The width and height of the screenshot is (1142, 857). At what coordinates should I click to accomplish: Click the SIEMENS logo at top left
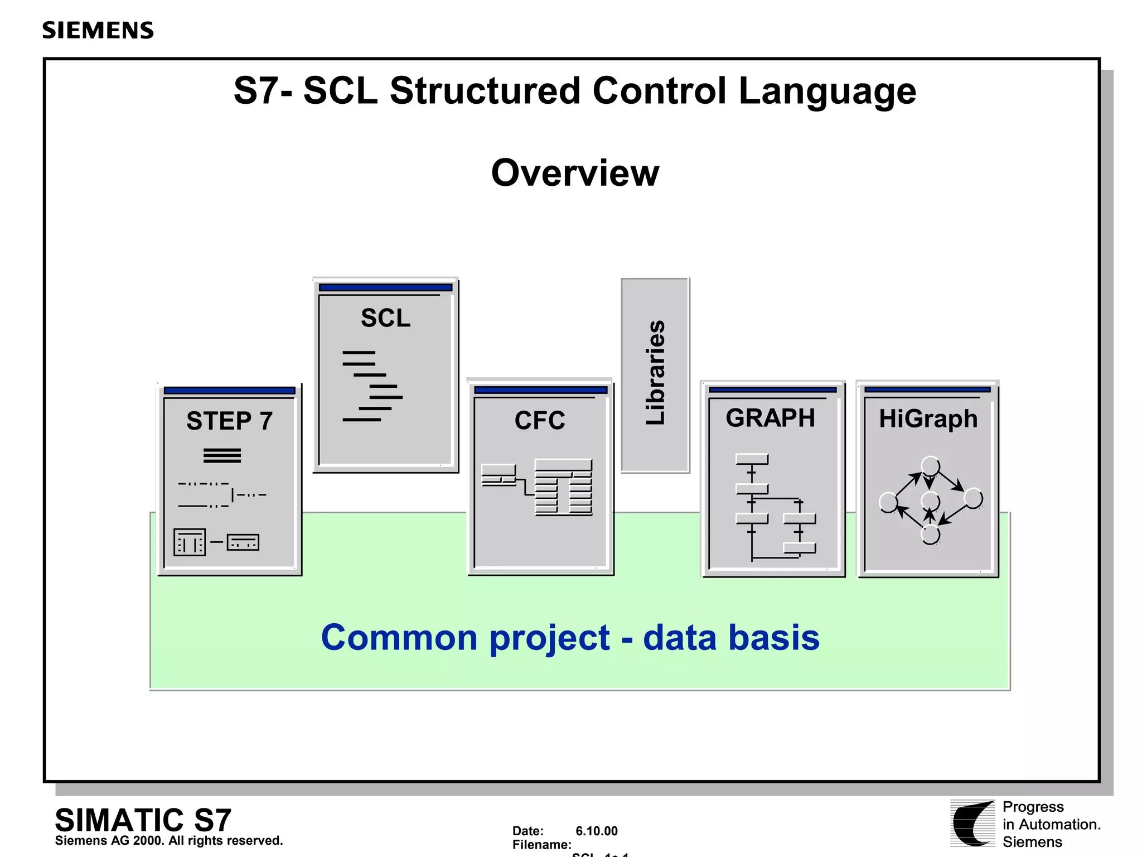click(98, 30)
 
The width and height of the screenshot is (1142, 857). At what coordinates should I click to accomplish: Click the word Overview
click(575, 172)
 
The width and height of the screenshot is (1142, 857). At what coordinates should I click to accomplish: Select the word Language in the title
click(827, 90)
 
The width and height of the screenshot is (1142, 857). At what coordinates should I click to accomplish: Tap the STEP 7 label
click(229, 421)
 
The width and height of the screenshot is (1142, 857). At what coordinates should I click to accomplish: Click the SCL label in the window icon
click(385, 318)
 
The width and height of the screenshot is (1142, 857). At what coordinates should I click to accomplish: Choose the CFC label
click(539, 420)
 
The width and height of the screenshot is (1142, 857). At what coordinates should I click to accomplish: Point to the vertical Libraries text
click(655, 372)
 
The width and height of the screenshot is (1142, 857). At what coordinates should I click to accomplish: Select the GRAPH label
click(770, 418)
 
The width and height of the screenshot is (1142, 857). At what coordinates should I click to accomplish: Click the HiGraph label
click(928, 418)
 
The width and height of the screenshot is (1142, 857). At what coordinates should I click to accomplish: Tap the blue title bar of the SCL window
click(385, 287)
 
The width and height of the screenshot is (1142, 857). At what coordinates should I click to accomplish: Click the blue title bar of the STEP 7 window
click(229, 391)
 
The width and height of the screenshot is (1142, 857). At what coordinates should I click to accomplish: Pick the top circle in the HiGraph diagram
click(930, 465)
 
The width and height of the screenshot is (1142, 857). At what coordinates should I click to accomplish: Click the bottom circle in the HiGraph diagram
click(930, 535)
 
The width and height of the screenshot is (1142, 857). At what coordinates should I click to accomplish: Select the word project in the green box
click(549, 638)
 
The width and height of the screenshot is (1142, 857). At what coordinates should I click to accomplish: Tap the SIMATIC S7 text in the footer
click(143, 820)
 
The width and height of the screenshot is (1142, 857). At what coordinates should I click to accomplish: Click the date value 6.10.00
click(596, 831)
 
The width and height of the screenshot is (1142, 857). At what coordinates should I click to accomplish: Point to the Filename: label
click(541, 845)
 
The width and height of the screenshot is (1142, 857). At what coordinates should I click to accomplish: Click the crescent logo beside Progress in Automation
click(972, 824)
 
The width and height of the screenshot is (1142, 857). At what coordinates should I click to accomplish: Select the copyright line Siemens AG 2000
click(168, 841)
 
